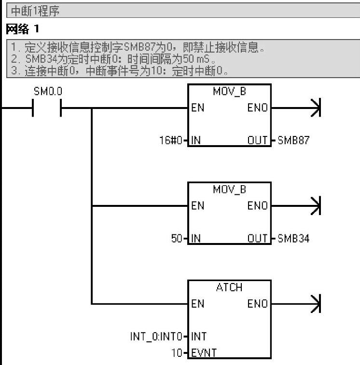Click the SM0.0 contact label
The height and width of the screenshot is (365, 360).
tap(48, 91)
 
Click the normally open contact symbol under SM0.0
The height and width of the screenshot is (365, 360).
tap(47, 108)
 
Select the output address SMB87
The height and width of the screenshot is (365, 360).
tap(293, 141)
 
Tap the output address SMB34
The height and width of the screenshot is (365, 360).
tap(293, 239)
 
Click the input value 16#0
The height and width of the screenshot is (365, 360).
tap(172, 141)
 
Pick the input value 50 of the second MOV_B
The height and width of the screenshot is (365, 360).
tap(177, 239)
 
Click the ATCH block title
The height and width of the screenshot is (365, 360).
tap(229, 287)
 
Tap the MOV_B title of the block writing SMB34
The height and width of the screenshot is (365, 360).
tap(229, 189)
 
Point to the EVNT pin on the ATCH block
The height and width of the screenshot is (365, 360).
tap(204, 353)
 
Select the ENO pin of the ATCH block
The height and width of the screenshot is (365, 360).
tap(257, 304)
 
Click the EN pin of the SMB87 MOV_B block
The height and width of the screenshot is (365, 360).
tap(198, 108)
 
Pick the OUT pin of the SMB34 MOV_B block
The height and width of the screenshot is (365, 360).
tap(257, 239)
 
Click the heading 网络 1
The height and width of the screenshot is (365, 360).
tap(22, 29)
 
